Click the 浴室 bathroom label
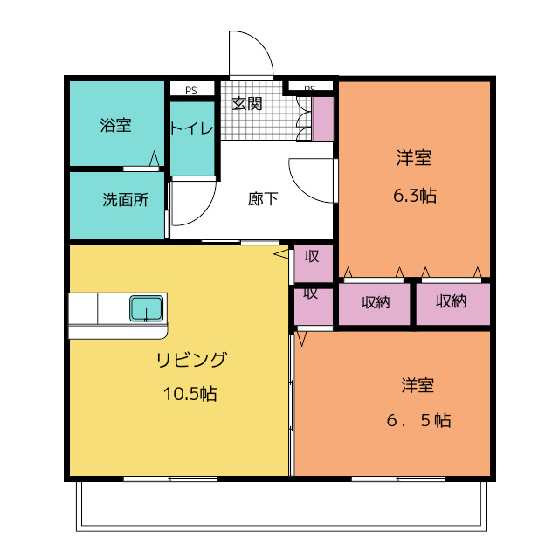116,126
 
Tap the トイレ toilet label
191,128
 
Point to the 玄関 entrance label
247,103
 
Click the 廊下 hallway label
263,199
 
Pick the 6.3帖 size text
414,196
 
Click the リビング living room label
191,359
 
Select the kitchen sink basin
146,308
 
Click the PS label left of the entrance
190,89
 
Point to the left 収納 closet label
376,302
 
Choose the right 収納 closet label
451,302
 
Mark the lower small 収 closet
311,293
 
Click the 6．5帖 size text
419,420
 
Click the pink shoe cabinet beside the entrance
323,119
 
